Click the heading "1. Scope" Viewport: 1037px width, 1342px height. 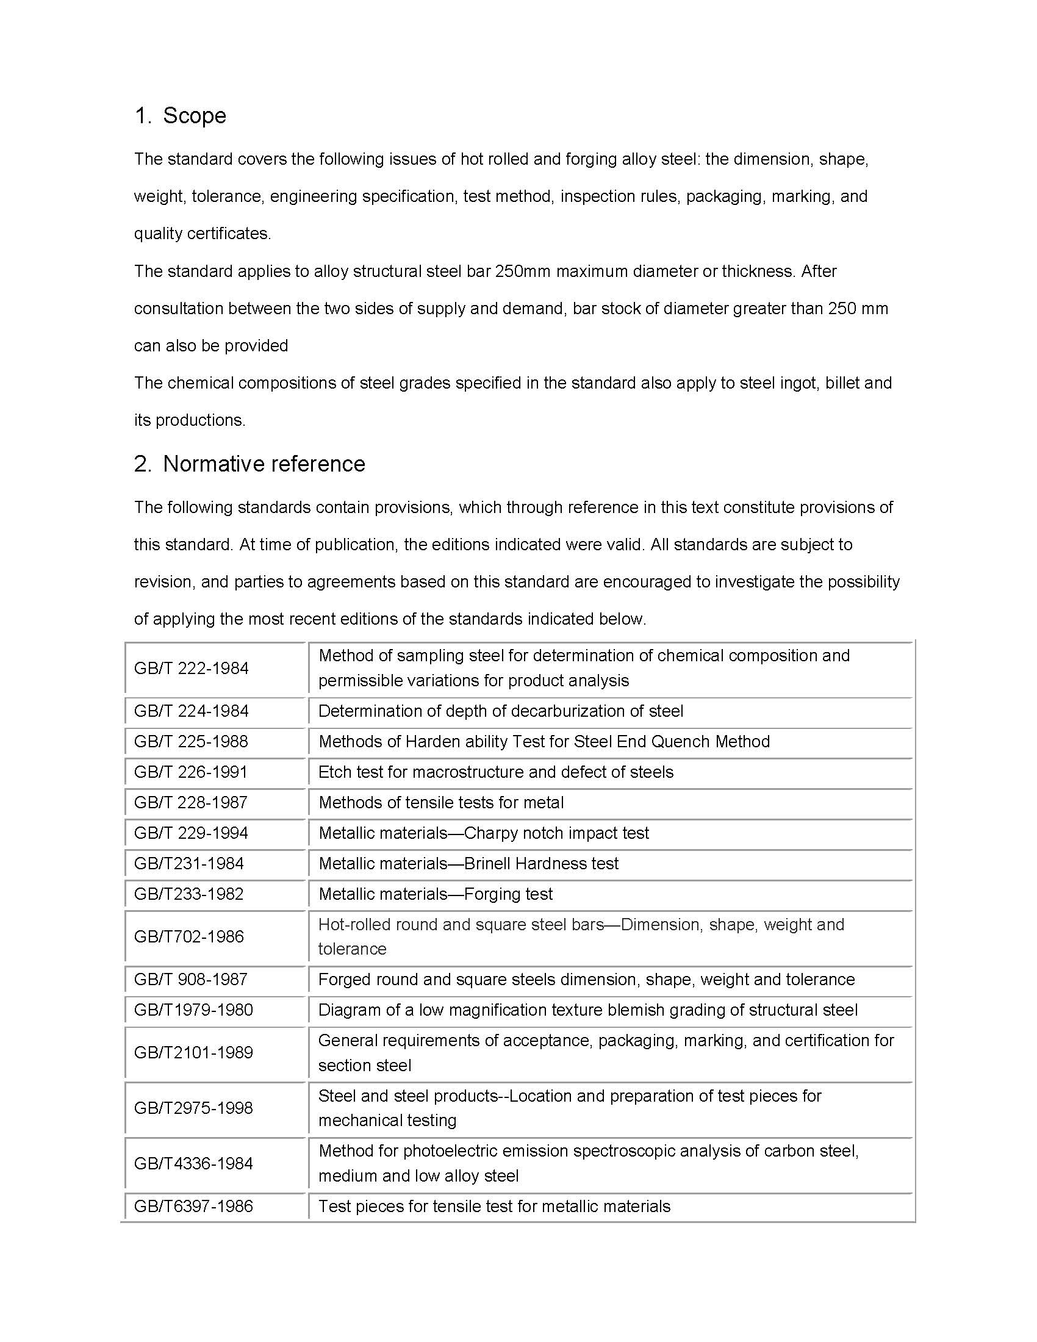180,115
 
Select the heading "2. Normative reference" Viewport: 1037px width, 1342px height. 249,464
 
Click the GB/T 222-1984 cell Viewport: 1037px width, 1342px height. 191,669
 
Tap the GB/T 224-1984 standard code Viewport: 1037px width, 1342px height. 191,711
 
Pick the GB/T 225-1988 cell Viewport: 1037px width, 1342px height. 191,742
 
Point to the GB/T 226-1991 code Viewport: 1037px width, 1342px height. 191,772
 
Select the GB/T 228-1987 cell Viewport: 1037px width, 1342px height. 191,803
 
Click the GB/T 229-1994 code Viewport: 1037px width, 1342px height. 191,833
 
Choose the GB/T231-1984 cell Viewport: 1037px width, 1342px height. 188,863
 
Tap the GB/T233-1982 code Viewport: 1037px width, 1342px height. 188,894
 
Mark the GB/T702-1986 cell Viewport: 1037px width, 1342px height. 188,936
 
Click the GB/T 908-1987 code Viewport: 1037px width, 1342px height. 191,980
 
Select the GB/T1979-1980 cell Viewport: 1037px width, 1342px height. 193,1010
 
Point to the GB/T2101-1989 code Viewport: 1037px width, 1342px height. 193,1053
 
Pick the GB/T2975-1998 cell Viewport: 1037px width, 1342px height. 193,1108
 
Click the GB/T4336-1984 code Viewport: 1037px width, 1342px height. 193,1163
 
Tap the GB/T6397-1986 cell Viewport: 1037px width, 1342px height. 193,1206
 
